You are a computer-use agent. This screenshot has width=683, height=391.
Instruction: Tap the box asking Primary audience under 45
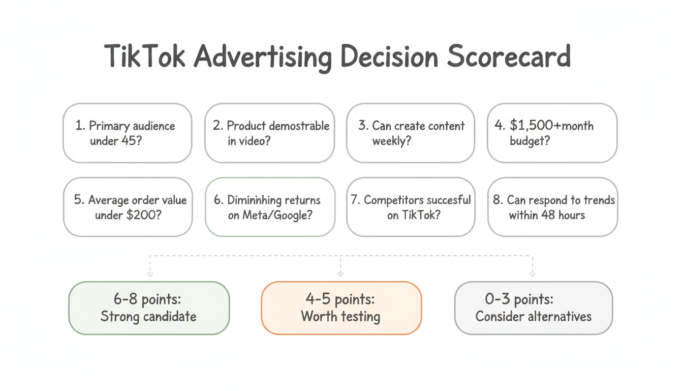click(x=128, y=133)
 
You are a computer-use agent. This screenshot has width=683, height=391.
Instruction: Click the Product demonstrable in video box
click(x=269, y=133)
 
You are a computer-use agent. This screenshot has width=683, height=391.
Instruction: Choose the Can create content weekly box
click(x=411, y=133)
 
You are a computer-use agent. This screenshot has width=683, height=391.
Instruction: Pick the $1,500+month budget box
click(x=552, y=133)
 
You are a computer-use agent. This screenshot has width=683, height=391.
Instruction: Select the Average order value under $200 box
click(x=128, y=207)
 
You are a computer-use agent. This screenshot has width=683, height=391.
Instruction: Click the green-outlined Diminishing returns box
click(x=270, y=207)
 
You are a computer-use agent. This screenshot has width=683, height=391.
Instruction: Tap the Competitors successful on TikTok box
click(x=411, y=207)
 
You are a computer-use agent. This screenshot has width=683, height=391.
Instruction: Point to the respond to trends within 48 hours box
click(x=552, y=207)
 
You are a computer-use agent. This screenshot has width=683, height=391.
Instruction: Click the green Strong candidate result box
click(x=149, y=308)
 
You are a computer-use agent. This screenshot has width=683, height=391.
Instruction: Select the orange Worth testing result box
click(x=341, y=308)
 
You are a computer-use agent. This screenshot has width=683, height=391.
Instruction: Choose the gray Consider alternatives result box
click(x=533, y=308)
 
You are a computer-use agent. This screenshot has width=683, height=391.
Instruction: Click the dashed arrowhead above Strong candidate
click(x=150, y=274)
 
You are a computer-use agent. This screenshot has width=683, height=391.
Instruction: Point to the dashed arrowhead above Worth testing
click(x=340, y=274)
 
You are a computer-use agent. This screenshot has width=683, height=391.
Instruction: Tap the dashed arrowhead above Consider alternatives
click(x=533, y=274)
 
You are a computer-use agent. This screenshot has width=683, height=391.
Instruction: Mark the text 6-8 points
click(x=147, y=299)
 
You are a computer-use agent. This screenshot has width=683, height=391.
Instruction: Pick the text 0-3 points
click(x=519, y=299)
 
